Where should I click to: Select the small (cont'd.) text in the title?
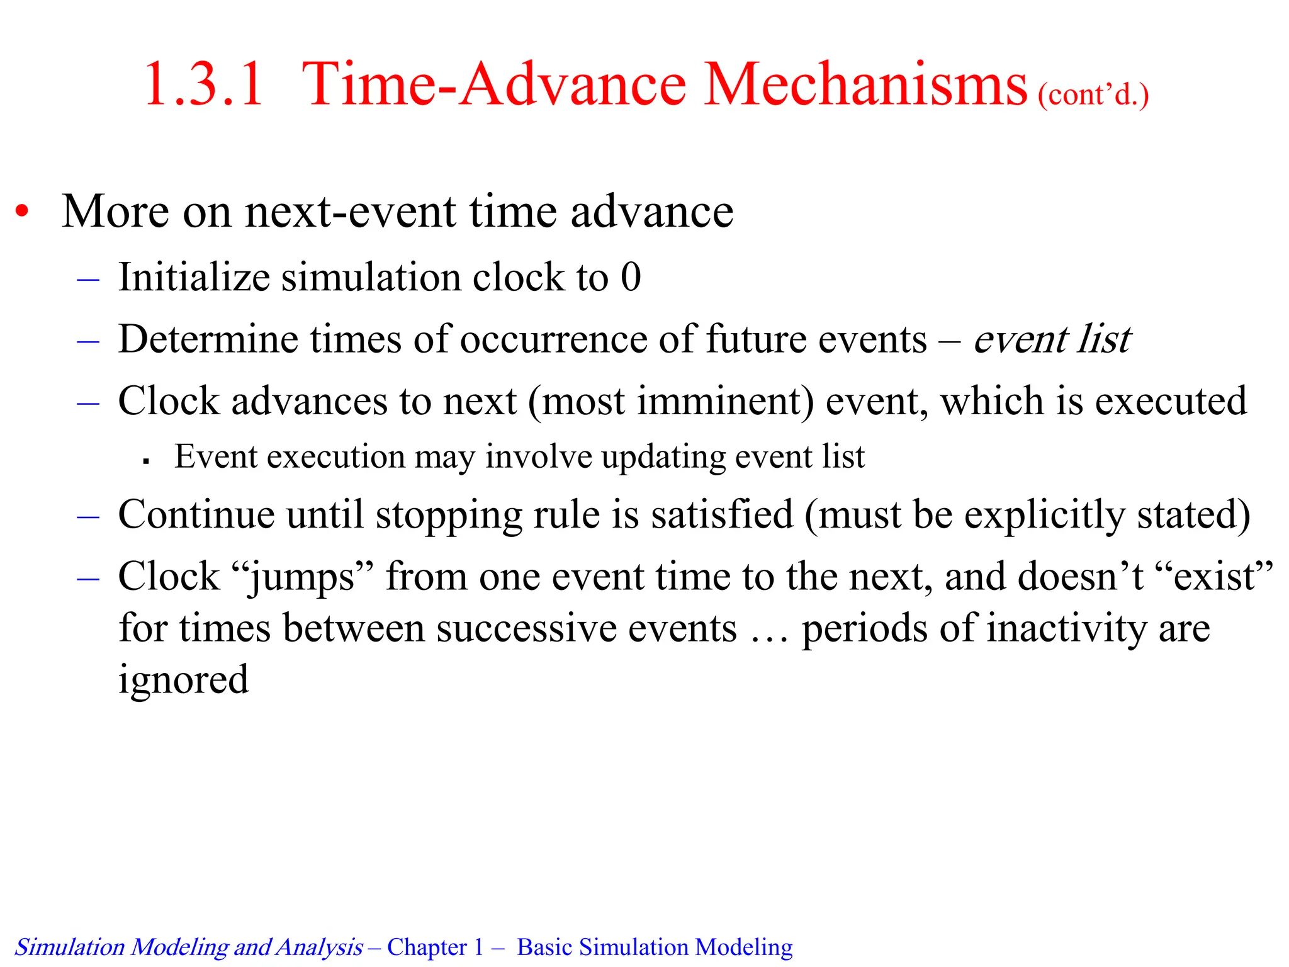[1093, 95]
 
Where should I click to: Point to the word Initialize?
[194, 277]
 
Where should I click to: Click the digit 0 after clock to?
[631, 277]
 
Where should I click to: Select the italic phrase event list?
[1052, 339]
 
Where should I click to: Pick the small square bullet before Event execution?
[146, 461]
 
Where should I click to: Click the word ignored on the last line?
[183, 681]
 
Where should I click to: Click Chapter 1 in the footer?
[435, 947]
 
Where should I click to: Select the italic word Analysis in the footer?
[319, 947]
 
